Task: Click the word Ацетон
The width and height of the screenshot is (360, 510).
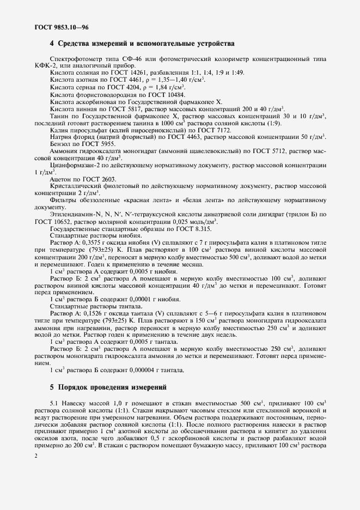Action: click(61, 179)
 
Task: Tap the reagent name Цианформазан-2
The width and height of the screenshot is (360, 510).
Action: click(74, 165)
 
